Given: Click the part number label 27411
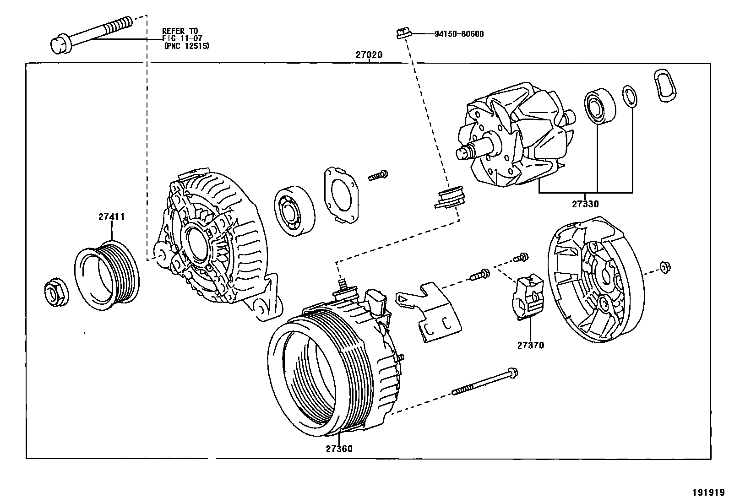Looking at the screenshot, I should (111, 217).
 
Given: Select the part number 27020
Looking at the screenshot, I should (369, 55).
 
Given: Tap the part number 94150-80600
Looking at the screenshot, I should (458, 34).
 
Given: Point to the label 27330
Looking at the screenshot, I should (585, 204).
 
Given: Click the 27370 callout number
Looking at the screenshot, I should (531, 346).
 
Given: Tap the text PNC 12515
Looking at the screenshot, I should (187, 46).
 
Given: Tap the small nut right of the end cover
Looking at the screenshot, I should (664, 267).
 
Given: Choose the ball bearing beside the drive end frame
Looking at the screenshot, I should (294, 211).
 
